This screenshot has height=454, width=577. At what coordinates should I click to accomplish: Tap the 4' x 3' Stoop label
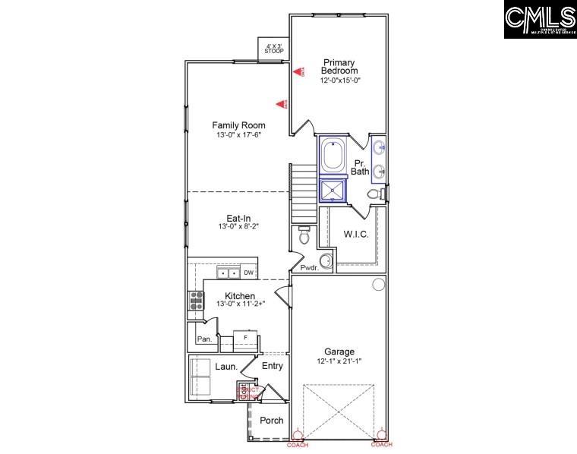point(274,49)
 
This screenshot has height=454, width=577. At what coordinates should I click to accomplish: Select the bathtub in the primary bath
point(333,156)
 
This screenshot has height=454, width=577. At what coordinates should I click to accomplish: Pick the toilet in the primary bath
point(375,194)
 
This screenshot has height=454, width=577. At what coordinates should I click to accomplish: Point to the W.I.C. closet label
point(356,235)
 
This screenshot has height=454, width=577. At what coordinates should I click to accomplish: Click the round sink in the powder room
point(326,262)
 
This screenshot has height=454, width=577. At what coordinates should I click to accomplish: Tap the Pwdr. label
point(309,268)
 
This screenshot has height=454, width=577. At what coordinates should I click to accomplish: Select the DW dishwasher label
point(248,272)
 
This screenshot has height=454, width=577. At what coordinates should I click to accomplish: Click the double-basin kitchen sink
point(229,273)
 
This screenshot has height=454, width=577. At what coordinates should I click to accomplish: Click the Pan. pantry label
point(204,339)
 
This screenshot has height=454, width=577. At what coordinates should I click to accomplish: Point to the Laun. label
point(226,367)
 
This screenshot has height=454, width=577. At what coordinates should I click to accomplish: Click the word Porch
point(272,420)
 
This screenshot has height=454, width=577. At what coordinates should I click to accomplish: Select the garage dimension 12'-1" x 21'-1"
point(339,361)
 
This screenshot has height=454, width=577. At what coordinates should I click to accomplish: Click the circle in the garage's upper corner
point(378,285)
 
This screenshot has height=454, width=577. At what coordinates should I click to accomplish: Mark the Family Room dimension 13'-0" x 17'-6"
point(238,135)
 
